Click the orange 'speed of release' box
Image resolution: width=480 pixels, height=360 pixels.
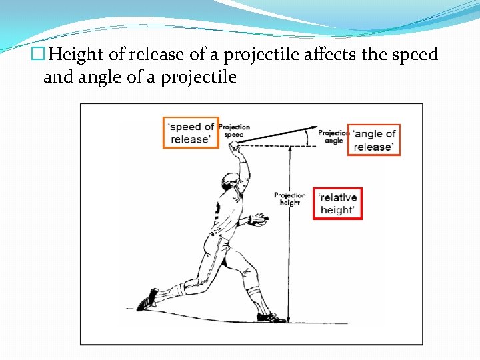click(190, 133)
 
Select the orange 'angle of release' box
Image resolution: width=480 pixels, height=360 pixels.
click(374, 140)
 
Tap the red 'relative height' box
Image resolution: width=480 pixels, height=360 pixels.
click(337, 203)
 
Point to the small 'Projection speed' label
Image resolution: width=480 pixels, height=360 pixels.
click(234, 130)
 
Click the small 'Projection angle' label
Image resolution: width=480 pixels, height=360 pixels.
click(333, 137)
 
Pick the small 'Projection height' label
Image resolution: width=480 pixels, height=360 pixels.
click(289, 199)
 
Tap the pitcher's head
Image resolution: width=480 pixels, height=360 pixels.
click(230, 181)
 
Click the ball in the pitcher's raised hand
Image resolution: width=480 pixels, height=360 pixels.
click(235, 145)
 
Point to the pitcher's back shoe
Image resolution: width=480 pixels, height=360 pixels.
click(147, 299)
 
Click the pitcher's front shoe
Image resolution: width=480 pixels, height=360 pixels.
click(269, 317)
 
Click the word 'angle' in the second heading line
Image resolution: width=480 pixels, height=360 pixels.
click(97, 77)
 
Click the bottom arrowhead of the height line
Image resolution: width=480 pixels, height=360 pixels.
click(289, 319)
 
